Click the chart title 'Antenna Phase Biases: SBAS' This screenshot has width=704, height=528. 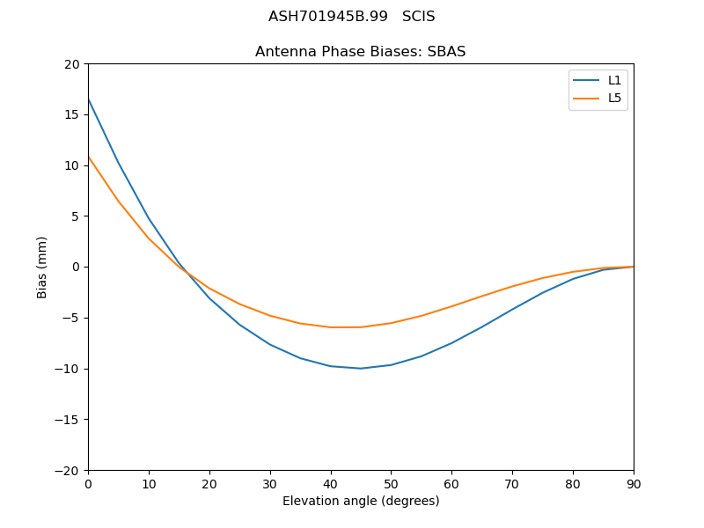click(360, 52)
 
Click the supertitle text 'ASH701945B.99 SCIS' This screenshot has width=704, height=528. click(351, 17)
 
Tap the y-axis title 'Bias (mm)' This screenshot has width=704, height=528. click(42, 267)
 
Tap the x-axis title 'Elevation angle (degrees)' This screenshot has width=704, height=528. click(360, 502)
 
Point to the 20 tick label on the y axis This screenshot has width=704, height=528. click(72, 64)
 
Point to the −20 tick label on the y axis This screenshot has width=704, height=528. click(69, 470)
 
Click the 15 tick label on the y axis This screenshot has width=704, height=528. click(72, 114)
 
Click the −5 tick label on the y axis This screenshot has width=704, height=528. click(72, 318)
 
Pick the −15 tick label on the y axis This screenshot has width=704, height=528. click(69, 419)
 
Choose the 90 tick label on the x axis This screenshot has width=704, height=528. click(633, 483)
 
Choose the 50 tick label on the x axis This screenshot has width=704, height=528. click(391, 483)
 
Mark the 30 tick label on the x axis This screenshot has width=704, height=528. click(269, 483)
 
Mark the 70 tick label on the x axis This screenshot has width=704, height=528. click(512, 483)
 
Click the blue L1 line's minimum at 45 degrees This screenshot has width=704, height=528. click(361, 368)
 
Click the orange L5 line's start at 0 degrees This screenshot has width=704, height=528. click(89, 157)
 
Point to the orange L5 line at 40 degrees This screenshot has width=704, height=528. click(331, 327)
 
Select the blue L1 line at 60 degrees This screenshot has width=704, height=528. click(451, 343)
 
